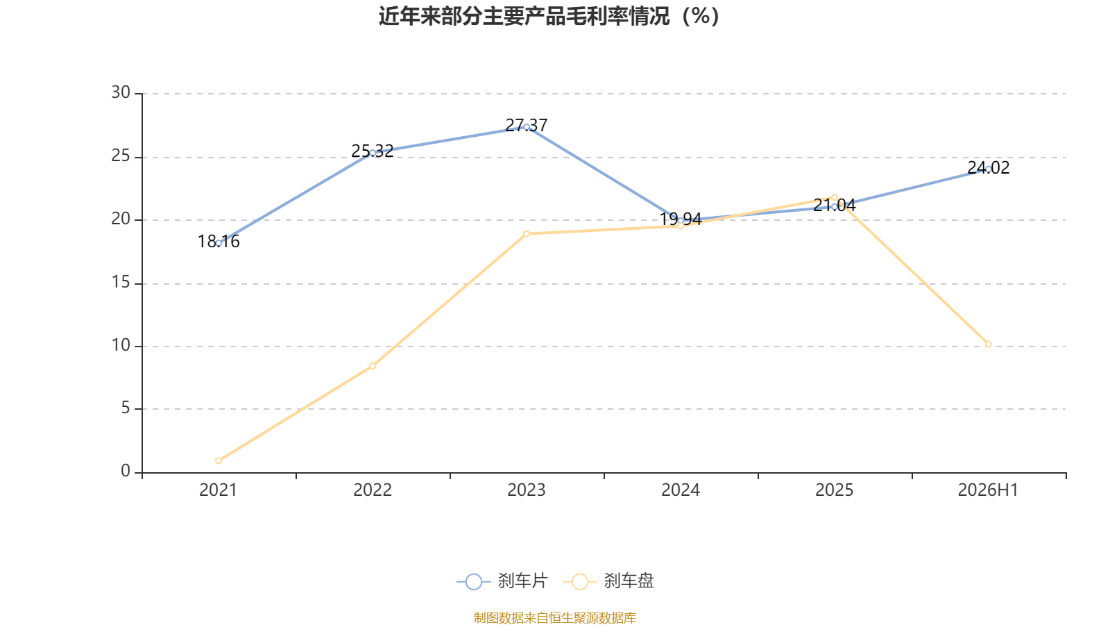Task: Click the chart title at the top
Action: click(549, 17)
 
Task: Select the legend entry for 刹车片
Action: click(502, 581)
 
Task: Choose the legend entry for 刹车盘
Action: click(608, 581)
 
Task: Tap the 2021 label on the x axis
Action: click(218, 490)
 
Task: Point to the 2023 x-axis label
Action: click(527, 490)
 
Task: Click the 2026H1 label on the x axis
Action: click(988, 490)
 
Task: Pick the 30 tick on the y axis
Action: click(121, 92)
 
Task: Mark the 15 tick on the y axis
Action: click(121, 282)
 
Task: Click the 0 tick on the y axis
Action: click(126, 472)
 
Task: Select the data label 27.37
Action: click(527, 125)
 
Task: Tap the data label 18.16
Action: click(219, 242)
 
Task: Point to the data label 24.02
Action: click(988, 167)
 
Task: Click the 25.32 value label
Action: click(373, 151)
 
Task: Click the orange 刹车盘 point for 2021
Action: click(219, 461)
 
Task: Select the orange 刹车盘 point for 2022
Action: click(373, 366)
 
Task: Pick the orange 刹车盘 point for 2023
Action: click(527, 233)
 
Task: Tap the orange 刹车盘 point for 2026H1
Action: click(988, 344)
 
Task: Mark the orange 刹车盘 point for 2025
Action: click(835, 197)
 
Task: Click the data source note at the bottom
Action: click(554, 617)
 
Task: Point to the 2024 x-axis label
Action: click(681, 490)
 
